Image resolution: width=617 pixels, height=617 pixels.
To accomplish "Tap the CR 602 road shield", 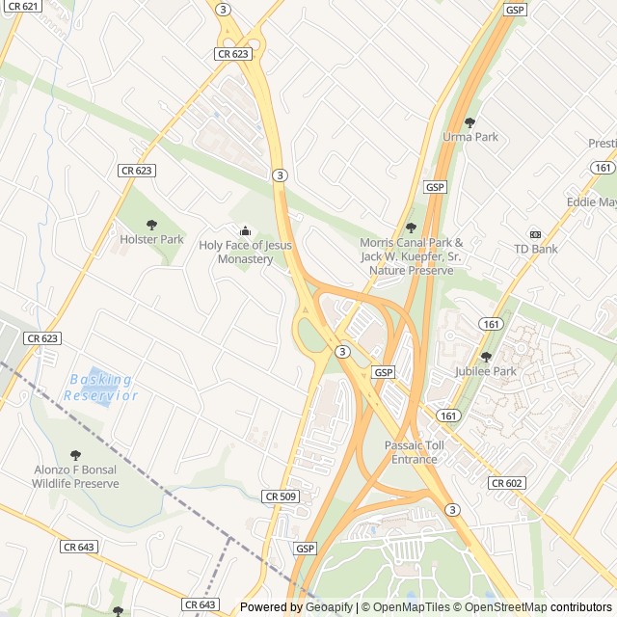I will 506,483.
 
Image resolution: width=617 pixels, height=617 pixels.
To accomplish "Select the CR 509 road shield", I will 280,496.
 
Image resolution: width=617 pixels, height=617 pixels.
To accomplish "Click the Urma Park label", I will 470,137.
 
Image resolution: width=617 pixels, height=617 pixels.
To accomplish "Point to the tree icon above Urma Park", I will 470,122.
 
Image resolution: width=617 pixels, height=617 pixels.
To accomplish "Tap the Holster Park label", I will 151,239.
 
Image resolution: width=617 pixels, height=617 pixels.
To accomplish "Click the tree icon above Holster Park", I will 151,225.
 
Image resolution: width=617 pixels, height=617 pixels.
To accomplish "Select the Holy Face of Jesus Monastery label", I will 245,253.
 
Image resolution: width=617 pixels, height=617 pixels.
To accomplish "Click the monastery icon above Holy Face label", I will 245,230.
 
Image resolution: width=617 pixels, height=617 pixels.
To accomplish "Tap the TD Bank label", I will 536,249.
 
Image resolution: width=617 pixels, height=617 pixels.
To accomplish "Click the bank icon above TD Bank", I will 536,234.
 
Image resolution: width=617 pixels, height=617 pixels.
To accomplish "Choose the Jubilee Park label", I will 485,371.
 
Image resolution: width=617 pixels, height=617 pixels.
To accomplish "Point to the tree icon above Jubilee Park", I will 486,357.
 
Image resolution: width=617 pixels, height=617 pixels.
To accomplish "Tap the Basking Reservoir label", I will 100,388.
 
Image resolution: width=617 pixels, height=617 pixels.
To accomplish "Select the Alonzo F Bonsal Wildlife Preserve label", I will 76,476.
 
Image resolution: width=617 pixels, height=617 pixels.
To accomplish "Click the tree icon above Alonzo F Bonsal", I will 76,455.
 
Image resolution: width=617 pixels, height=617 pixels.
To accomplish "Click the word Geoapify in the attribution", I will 330,607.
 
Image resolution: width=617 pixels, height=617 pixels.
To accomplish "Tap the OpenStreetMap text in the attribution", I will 506,607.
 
